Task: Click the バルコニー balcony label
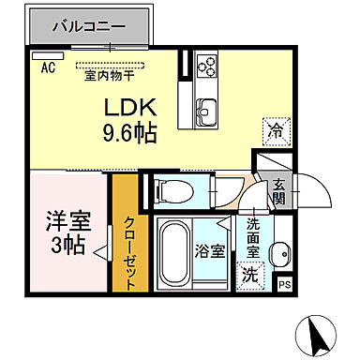click(x=88, y=26)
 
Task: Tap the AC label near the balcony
click(x=48, y=67)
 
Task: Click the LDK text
click(x=127, y=107)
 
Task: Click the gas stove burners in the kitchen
click(x=207, y=67)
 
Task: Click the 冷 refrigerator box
click(x=277, y=132)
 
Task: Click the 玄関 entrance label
click(x=278, y=197)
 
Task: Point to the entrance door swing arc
click(x=309, y=192)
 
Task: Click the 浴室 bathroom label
click(x=210, y=251)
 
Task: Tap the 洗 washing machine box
click(x=250, y=275)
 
